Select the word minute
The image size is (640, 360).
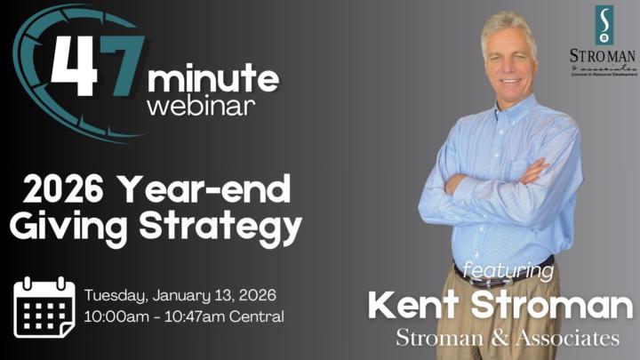click(x=214, y=81)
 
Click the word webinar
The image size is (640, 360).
click(x=200, y=107)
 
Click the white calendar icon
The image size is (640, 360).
click(x=44, y=307)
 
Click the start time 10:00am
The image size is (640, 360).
click(x=112, y=316)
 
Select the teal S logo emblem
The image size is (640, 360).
click(x=604, y=25)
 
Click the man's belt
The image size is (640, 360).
click(x=498, y=268)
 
